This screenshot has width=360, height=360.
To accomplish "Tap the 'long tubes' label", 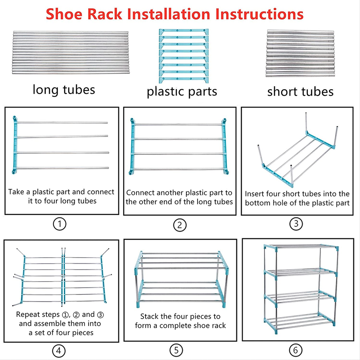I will click(64, 90).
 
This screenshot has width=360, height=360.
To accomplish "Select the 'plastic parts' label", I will click(182, 91).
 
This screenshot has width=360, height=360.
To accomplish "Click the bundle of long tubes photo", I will click(70, 53).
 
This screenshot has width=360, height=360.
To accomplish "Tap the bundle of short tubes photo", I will click(300, 53).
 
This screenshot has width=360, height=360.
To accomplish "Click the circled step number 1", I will click(60, 224).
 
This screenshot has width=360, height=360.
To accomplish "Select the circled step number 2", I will click(180, 225).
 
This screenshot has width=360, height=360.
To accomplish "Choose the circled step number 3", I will click(296, 224).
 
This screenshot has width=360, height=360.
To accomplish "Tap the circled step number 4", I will click(58, 351).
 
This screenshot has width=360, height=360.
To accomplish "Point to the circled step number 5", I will click(176, 351).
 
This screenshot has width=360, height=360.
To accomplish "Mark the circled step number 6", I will click(295, 351).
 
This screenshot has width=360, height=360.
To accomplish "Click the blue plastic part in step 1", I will click(15, 145).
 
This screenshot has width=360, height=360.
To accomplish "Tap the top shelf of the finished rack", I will click(301, 247).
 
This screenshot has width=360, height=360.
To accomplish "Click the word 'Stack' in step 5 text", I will click(149, 316).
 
